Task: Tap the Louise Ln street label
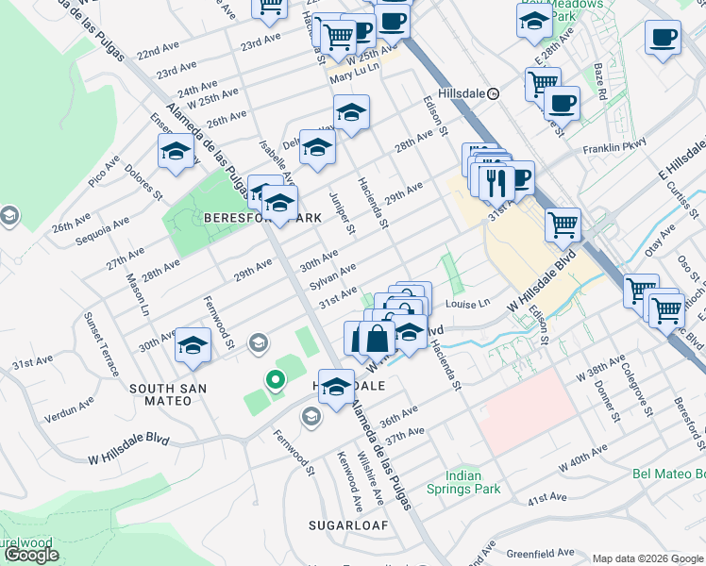[469, 304]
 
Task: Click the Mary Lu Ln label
[354, 68]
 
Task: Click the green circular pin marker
[275, 380]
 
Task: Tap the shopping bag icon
[376, 338]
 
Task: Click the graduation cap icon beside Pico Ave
[176, 152]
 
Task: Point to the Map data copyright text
[647, 558]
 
